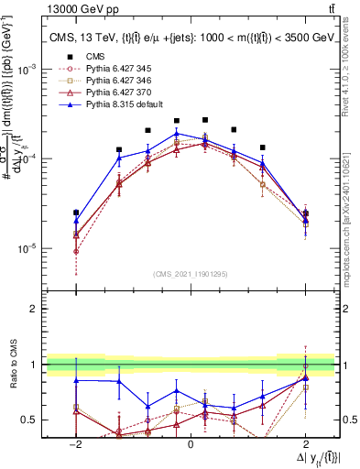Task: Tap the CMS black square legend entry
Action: (94, 57)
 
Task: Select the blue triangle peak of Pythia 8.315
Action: (177, 134)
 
